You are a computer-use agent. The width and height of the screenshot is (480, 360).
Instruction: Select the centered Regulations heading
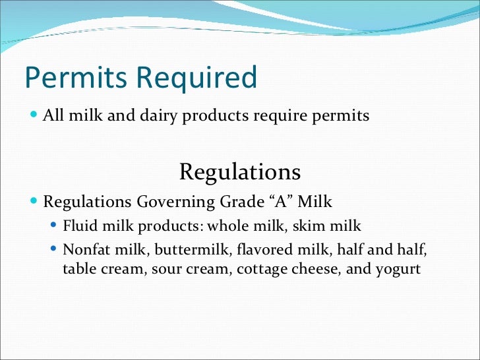(x=240, y=172)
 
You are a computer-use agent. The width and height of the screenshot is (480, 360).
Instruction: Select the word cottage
(x=260, y=270)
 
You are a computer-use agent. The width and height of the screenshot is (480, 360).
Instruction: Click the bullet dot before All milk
(x=34, y=115)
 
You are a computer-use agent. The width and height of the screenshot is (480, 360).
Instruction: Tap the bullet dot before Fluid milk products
(x=54, y=225)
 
